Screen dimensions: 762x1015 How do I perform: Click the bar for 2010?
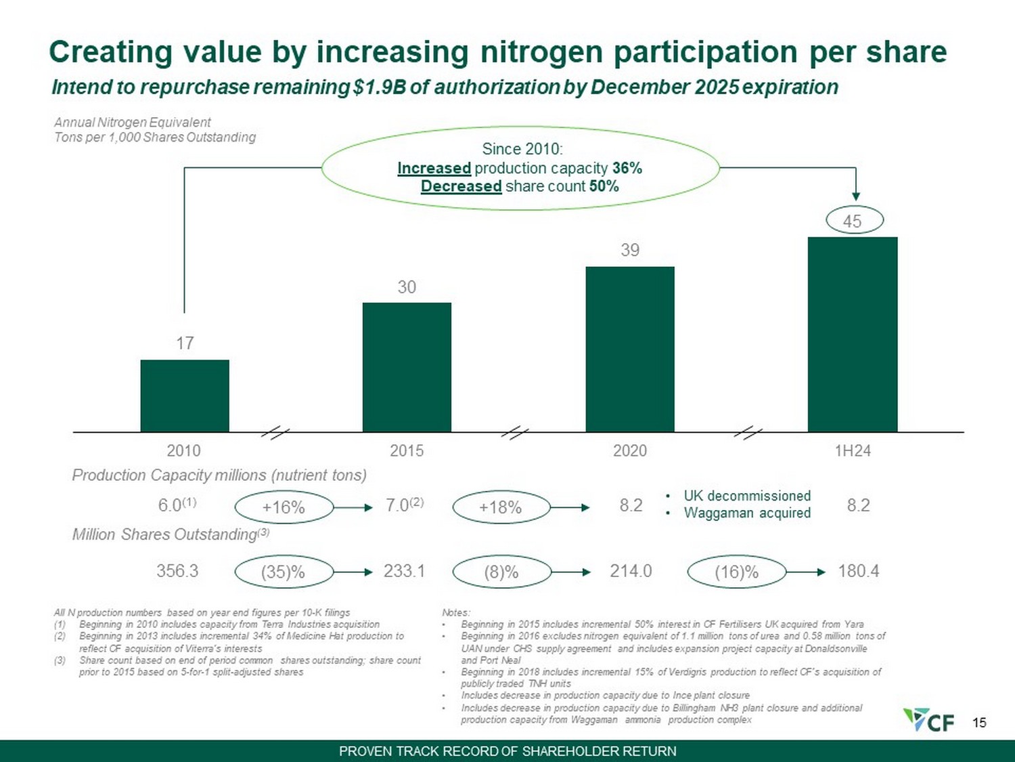tap(185, 396)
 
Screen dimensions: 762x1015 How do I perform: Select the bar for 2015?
tap(407, 367)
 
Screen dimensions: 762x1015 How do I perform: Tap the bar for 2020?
tap(630, 349)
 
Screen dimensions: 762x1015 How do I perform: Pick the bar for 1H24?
tap(853, 334)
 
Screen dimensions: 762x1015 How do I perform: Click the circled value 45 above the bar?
tap(855, 221)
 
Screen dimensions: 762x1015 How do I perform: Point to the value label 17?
tap(185, 343)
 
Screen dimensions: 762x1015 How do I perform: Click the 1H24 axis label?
tap(853, 451)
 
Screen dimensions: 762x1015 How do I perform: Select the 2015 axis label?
tap(407, 451)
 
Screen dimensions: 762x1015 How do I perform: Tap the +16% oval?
tap(284, 507)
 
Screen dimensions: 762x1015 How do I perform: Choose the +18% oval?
tap(501, 507)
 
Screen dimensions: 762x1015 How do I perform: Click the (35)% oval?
tap(284, 572)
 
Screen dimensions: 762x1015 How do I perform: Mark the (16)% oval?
tap(737, 572)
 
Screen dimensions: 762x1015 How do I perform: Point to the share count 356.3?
tap(177, 571)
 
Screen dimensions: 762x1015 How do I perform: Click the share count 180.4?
tap(859, 571)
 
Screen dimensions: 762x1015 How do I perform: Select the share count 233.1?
tap(404, 571)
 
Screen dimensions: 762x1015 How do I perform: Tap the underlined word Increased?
tap(434, 168)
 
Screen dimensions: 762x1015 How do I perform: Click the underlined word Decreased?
tap(461, 186)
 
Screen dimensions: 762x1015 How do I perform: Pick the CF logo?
tap(928, 720)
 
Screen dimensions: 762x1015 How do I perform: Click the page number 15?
tap(979, 723)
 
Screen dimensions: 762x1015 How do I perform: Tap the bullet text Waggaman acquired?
tap(747, 513)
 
